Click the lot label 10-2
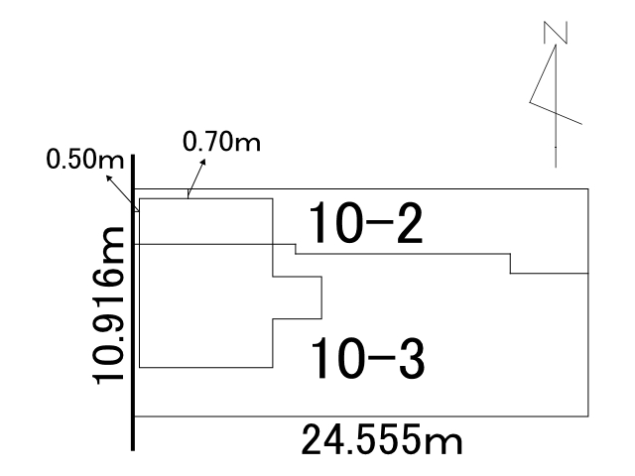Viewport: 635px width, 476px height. [366, 223]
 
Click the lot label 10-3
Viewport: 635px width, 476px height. [368, 358]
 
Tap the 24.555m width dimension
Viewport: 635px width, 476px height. [381, 440]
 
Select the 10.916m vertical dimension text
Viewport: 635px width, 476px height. [108, 305]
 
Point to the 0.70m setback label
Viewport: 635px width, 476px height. [221, 142]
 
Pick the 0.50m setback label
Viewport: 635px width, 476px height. [84, 159]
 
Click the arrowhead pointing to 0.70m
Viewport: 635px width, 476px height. [202, 162]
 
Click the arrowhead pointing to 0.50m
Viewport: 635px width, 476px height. [109, 178]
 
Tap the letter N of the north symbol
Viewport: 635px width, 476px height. [556, 33]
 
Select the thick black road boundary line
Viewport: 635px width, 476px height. [133, 302]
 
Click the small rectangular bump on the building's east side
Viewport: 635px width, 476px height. [298, 297]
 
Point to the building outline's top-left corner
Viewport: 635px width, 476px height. [140, 198]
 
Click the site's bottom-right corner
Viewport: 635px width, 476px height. [588, 416]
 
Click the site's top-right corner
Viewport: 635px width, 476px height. [588, 189]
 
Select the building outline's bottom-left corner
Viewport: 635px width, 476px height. [140, 368]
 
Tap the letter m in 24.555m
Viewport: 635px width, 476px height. [445, 443]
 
